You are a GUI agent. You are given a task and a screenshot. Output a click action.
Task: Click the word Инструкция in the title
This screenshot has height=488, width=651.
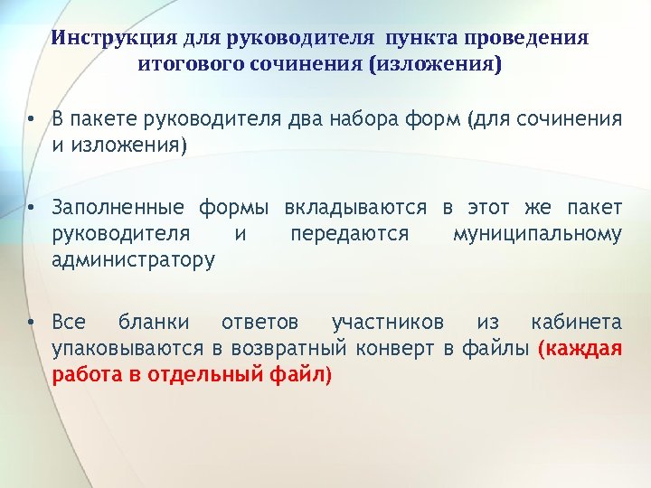(104, 39)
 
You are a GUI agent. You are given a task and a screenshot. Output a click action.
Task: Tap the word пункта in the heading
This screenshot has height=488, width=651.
(421, 39)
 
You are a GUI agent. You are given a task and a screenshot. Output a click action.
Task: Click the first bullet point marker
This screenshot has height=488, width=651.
(31, 119)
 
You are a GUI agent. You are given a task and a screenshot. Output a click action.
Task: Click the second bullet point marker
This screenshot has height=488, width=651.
(31, 209)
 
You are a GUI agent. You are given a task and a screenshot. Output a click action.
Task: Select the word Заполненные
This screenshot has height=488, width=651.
(112, 209)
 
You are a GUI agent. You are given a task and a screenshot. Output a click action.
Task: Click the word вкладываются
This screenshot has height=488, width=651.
(355, 209)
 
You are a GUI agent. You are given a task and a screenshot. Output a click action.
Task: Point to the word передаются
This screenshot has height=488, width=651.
(349, 235)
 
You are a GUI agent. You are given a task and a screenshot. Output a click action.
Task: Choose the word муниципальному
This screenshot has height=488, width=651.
(537, 235)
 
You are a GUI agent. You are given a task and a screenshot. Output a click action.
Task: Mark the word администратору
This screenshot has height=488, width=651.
(134, 261)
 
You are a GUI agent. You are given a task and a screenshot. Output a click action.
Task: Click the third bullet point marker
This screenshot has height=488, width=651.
(31, 323)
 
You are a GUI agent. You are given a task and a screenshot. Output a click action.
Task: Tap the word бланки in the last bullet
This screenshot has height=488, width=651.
(154, 323)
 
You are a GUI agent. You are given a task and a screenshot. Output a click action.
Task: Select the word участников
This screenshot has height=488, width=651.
(388, 323)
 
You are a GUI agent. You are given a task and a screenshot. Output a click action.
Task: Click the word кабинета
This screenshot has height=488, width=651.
(576, 323)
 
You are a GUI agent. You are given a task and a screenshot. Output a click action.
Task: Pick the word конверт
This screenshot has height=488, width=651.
(401, 349)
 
